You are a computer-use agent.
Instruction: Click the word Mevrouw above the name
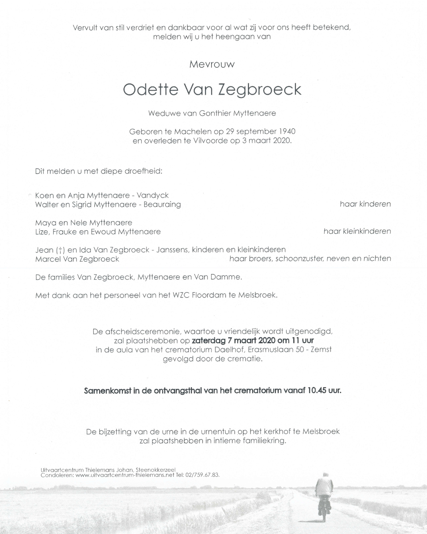coord(212,64)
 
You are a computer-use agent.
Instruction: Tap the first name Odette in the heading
coord(151,89)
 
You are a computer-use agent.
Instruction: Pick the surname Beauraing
coord(162,204)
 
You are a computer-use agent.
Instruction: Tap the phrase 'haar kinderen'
coord(365,204)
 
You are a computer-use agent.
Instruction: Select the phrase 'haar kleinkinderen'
coord(357,231)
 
